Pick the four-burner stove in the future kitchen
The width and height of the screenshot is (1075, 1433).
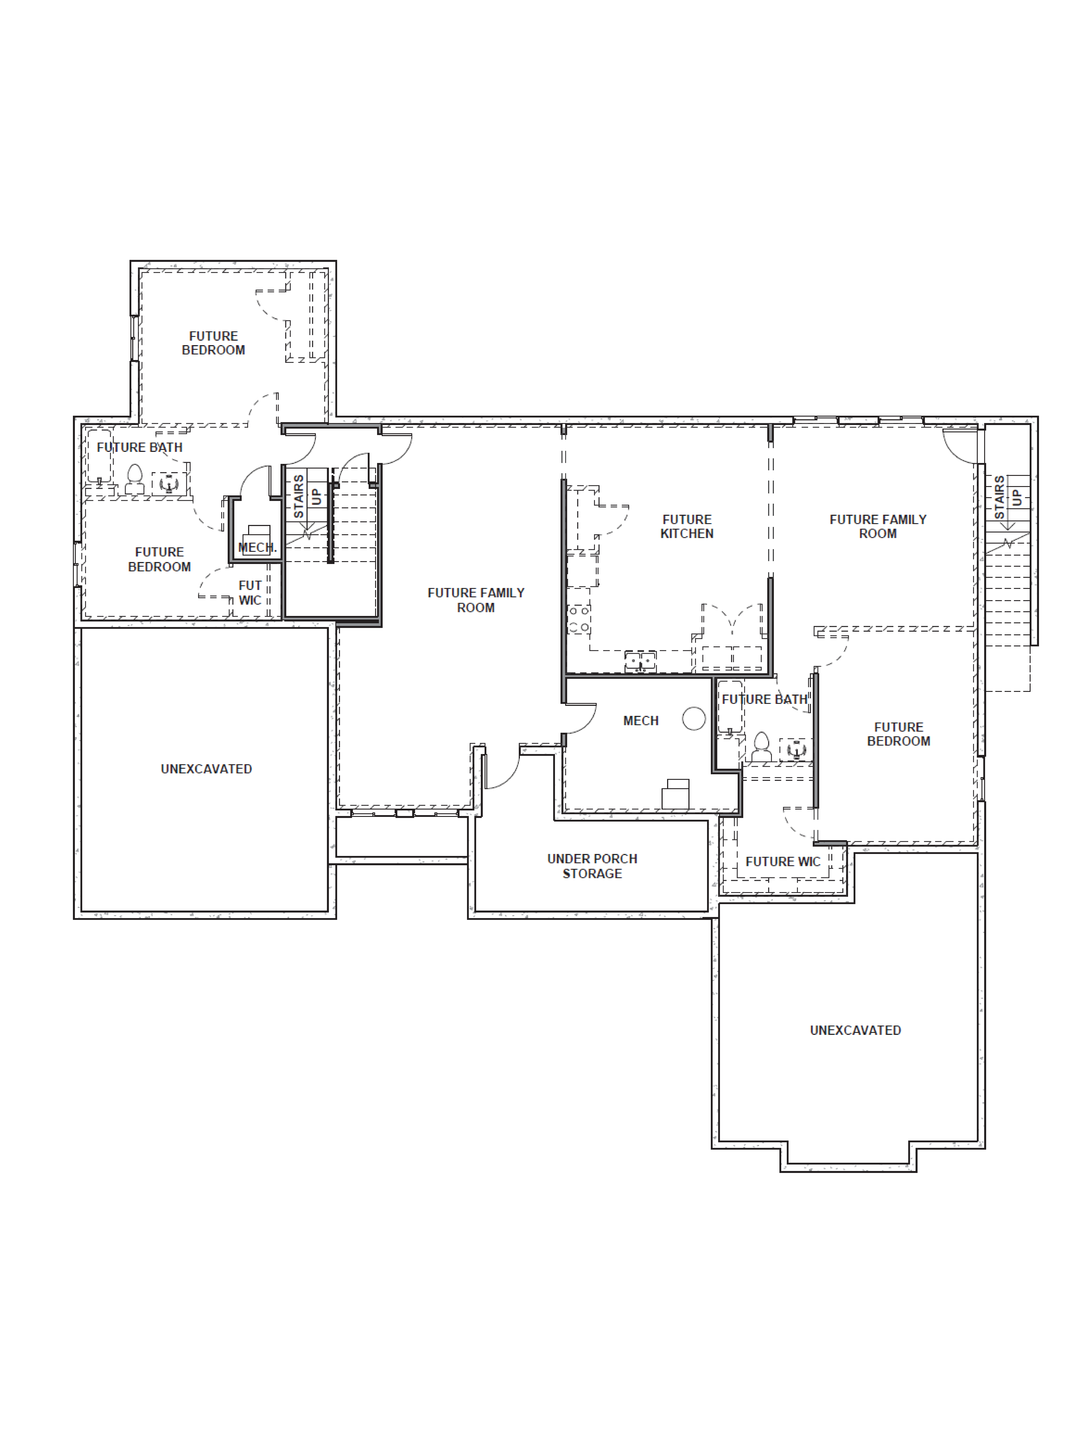(x=579, y=619)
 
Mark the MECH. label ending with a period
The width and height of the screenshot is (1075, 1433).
(x=257, y=547)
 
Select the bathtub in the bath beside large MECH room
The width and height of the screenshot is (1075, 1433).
(x=730, y=706)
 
